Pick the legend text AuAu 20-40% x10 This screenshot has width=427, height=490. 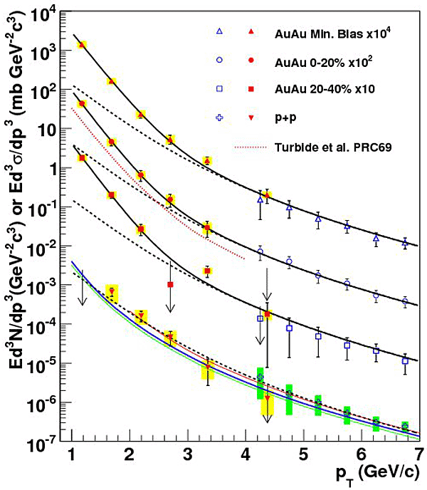coord(319,89)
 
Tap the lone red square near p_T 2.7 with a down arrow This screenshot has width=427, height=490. coord(170,284)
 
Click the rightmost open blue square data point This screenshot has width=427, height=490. coord(404,361)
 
